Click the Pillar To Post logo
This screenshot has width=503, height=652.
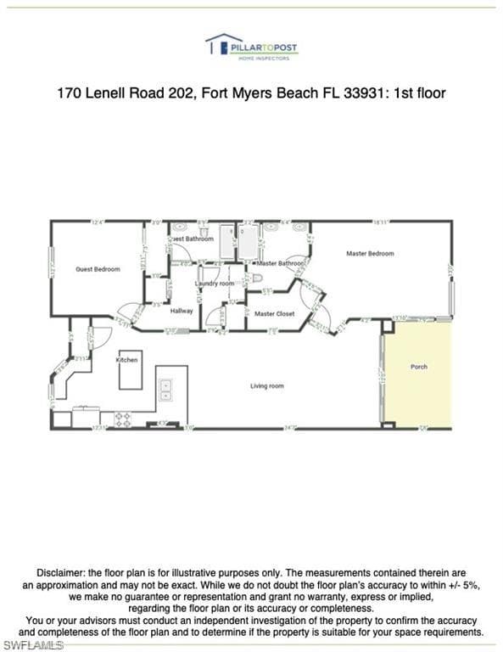click(x=251, y=47)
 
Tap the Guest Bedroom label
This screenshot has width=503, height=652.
click(x=98, y=269)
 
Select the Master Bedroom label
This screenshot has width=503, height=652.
click(x=369, y=253)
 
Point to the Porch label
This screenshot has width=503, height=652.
click(x=418, y=367)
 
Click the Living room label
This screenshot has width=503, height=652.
click(x=266, y=386)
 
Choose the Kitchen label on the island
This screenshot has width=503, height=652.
click(x=126, y=360)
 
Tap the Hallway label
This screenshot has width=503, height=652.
click(x=182, y=311)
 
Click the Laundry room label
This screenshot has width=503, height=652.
click(x=214, y=283)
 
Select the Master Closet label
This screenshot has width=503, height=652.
click(x=275, y=314)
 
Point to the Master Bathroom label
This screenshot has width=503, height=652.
click(x=280, y=264)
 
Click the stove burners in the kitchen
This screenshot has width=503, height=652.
click(x=123, y=418)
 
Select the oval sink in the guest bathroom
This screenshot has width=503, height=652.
click(x=181, y=228)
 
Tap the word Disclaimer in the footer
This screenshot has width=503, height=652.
click(x=61, y=573)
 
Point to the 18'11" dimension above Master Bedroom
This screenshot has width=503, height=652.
click(x=381, y=222)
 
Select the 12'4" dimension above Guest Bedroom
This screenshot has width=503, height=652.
click(x=97, y=222)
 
